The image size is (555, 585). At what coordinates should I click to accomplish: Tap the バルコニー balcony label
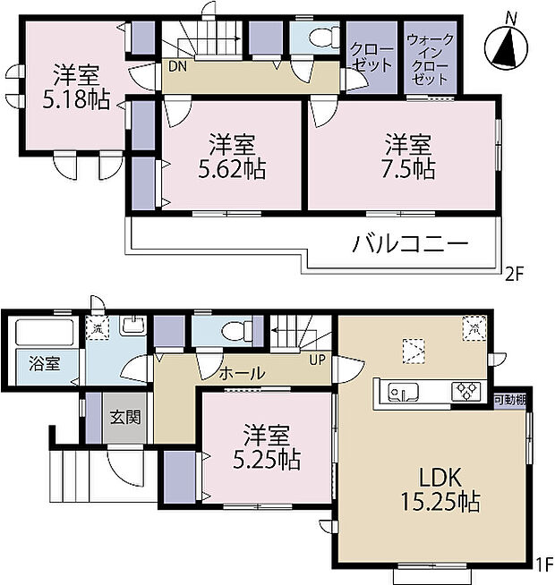coord(410,243)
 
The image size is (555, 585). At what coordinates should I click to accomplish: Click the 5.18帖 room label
coord(74,86)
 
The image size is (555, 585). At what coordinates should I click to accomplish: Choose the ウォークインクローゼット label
coord(430,59)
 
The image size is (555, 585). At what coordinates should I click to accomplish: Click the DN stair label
coord(176,66)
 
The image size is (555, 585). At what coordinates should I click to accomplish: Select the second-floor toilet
coord(313,38)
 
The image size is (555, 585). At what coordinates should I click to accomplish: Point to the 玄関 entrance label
coord(124,417)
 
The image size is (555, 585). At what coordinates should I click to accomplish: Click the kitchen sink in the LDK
coord(403,392)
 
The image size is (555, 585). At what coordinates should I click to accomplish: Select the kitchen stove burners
coord(466,392)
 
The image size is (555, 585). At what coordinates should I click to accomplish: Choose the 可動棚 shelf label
coord(510,399)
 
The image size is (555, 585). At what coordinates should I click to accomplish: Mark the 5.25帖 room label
coord(266,449)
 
